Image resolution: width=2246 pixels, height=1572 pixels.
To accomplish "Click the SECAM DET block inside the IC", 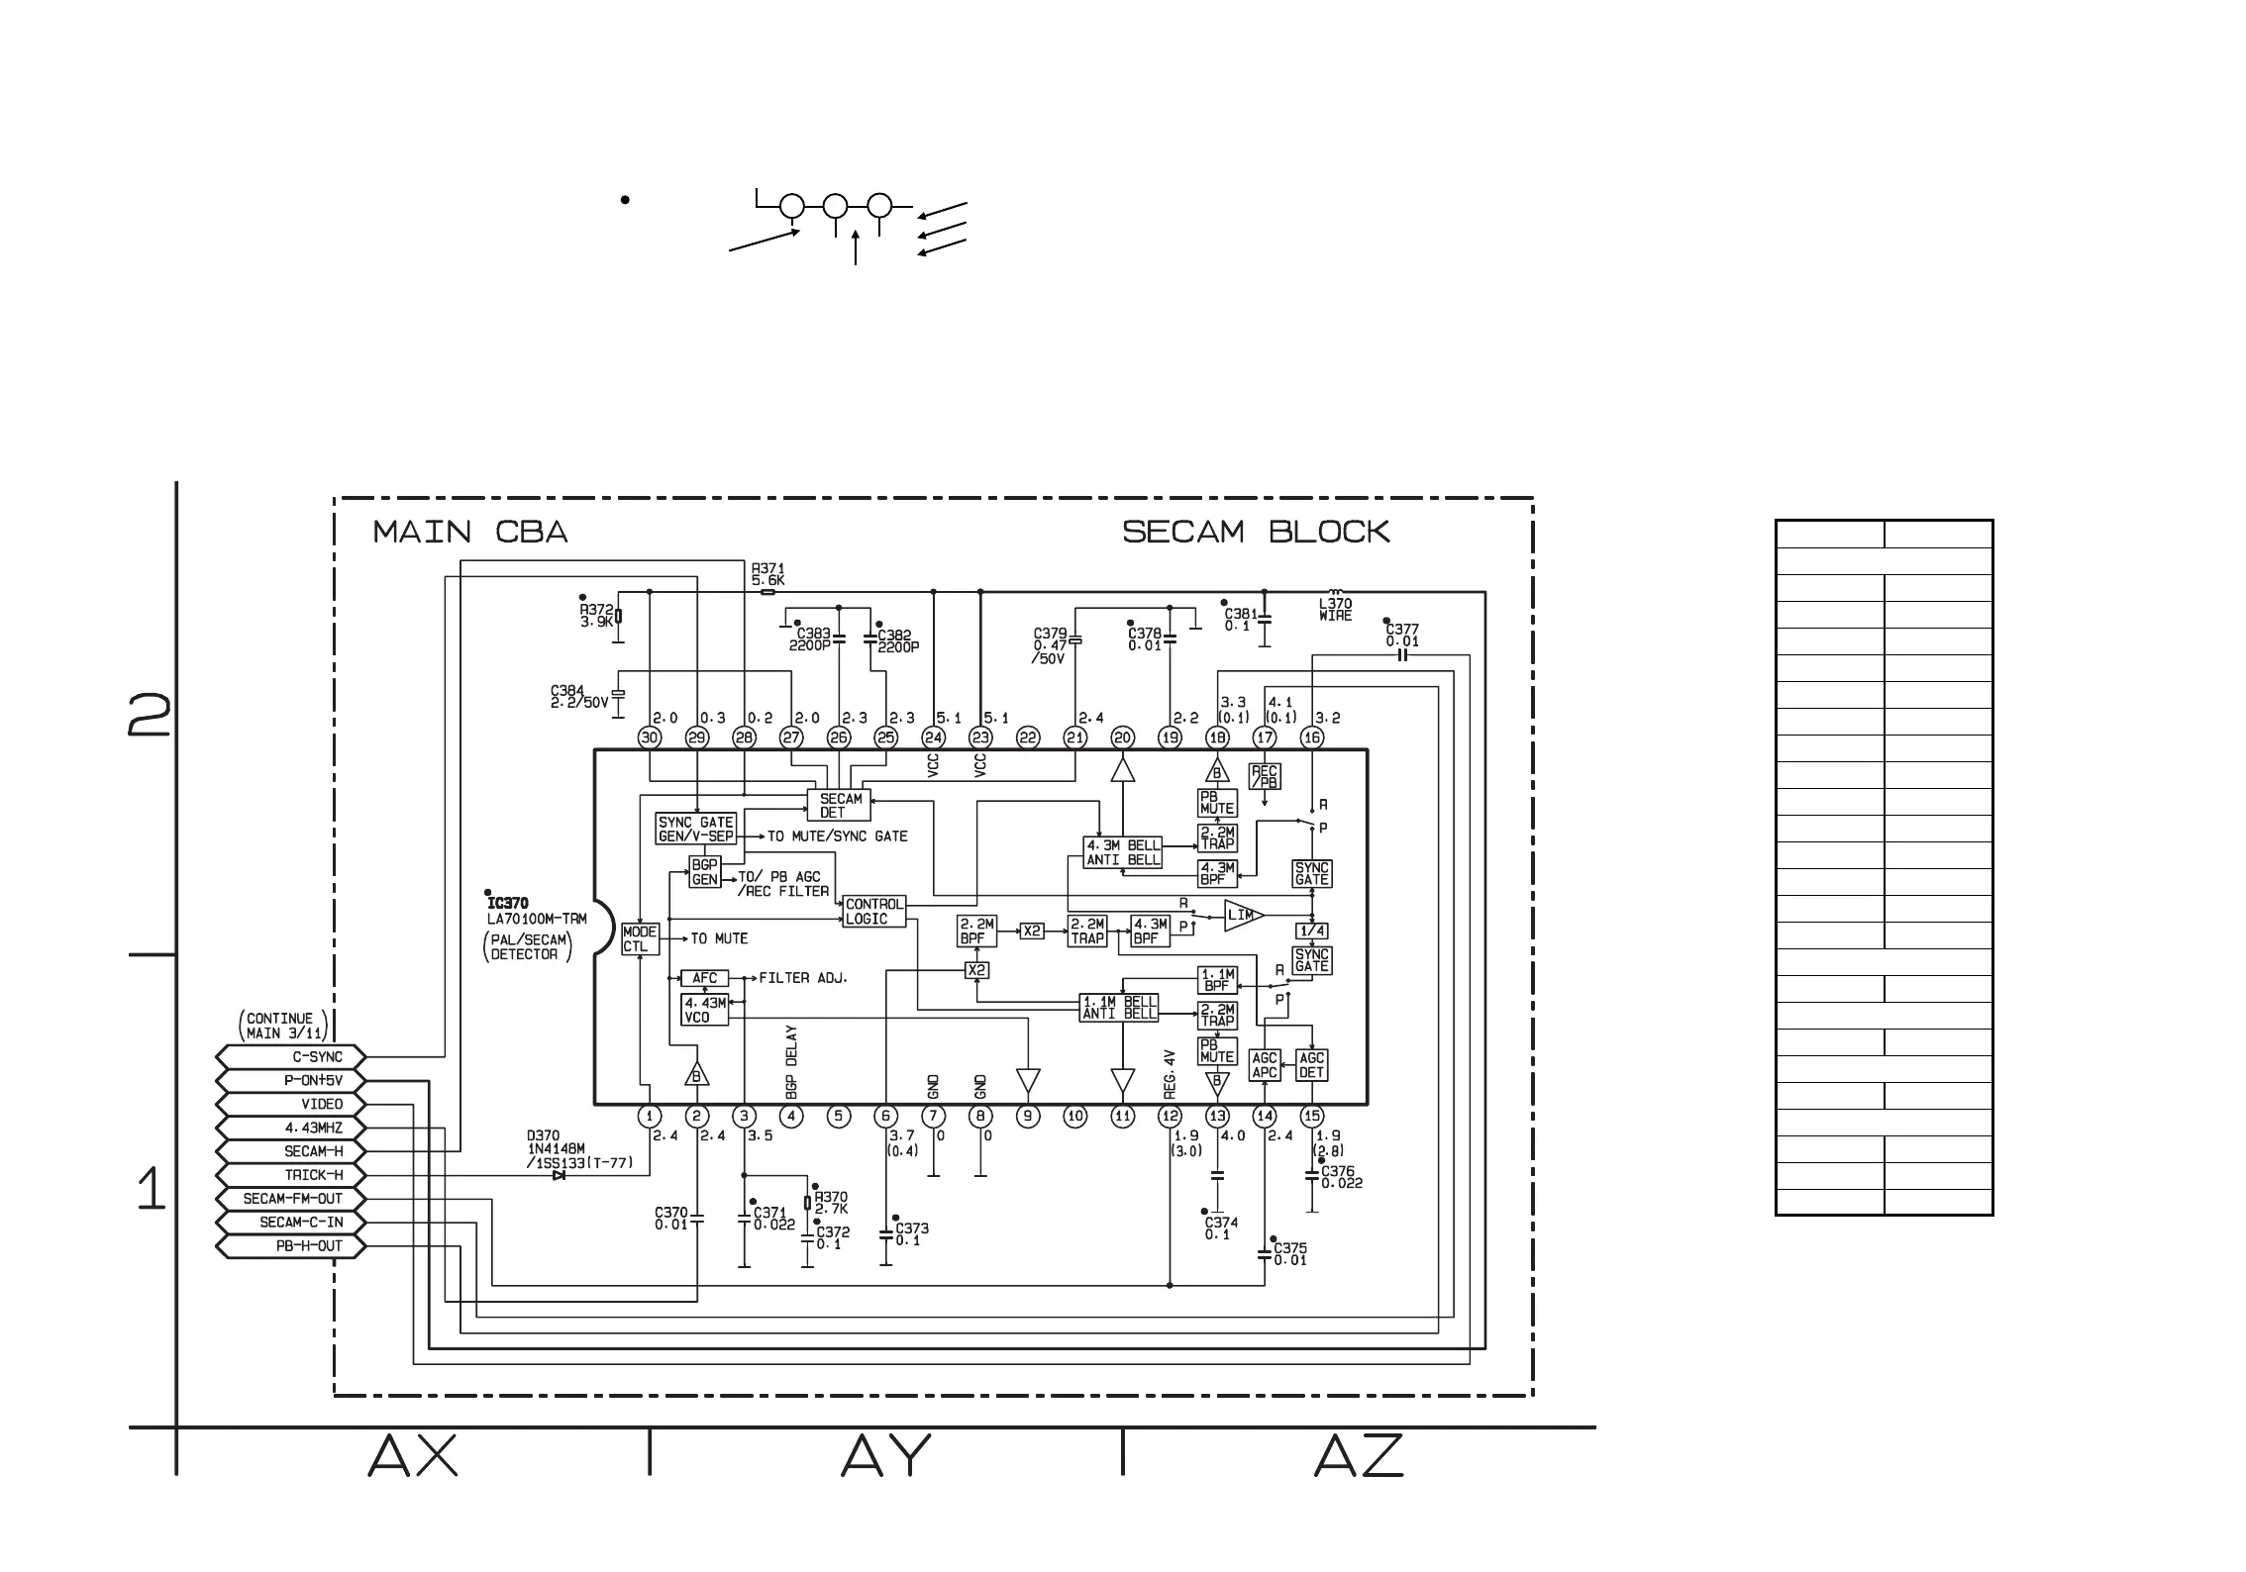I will [840, 806].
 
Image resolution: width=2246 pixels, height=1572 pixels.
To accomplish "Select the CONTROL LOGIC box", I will [873, 912].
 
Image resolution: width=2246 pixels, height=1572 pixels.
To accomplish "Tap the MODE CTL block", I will [639, 939].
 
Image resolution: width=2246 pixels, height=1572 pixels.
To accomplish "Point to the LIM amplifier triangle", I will [1242, 916].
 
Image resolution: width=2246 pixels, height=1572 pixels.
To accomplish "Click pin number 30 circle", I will [650, 737].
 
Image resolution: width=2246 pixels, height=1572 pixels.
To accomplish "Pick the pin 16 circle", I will [1312, 737].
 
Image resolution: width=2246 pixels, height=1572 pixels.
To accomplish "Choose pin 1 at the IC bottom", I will [650, 1117].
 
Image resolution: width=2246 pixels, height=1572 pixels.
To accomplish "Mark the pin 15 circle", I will [1312, 1117].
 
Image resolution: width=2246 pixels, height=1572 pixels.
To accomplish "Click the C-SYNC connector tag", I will [291, 1057].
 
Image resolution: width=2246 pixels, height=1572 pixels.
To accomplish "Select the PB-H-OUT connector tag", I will [291, 1246].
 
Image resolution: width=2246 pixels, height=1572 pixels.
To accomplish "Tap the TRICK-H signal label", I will [291, 1175].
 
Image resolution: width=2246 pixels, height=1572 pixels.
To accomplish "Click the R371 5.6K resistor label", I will [767, 575].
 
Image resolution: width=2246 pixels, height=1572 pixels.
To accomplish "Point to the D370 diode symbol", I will [560, 1176].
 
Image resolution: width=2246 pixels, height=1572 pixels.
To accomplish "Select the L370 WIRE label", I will [1335, 609].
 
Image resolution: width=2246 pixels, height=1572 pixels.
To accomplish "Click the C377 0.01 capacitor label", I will [1402, 636].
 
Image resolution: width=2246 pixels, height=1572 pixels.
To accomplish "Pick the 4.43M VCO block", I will [704, 1010].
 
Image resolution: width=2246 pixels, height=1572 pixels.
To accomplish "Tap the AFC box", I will [704, 978].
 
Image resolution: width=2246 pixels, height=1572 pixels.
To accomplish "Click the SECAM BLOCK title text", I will [1256, 533].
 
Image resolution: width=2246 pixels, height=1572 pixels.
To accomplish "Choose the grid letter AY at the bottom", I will [885, 1456].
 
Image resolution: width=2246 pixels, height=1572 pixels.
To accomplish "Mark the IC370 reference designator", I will [508, 904].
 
